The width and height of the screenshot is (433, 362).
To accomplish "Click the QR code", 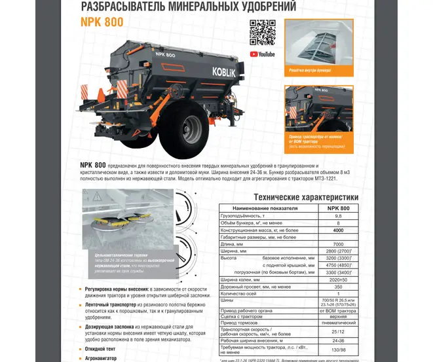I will pos(262,33).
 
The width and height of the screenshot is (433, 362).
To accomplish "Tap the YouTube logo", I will pos(262,54).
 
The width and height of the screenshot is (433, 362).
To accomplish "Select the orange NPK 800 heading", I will pos(102,22).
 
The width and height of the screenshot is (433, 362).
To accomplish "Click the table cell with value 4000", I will pos(338,230).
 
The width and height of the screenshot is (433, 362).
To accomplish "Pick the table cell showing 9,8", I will pos(338,215).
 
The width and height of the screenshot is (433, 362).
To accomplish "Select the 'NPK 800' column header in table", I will pos(338,208).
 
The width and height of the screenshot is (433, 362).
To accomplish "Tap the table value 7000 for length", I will pos(338,244).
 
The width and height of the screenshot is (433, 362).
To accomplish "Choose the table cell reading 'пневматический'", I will pos(338,322).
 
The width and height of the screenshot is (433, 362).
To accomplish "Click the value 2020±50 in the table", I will pos(338,280).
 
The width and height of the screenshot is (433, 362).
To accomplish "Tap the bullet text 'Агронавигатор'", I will pos(107,359).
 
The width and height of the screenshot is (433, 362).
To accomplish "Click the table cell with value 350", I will pos(338,287).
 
